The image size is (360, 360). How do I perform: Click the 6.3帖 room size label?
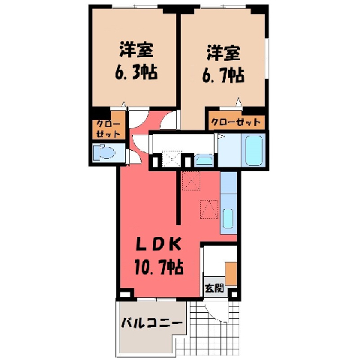coord(136,73)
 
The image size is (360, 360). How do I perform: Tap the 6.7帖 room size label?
coord(223,76)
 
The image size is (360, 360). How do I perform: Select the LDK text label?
coord(158,244)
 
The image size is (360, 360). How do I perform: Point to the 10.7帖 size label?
coord(159,267)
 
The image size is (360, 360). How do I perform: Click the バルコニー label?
coord(151,323)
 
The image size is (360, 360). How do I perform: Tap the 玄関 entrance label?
coord(214,289)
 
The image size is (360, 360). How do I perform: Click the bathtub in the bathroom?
coord(254,150)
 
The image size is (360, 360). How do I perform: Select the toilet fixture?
coord(104,151)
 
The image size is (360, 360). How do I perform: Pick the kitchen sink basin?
coord(228,218)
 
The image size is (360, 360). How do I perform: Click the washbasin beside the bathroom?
coord(204,160)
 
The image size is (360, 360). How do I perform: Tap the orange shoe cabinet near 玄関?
coord(231,274)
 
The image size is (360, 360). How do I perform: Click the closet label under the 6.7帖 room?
coord(236,122)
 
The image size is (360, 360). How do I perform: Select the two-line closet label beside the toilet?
coord(108,129)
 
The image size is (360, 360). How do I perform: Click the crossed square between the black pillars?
coord(172,159)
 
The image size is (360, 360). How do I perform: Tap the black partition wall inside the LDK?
coord(178,197)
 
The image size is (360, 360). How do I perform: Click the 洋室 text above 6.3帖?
coord(136,50)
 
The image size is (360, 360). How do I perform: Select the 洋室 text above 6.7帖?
coord(223,53)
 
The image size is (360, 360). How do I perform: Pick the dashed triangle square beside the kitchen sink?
coord(209,209)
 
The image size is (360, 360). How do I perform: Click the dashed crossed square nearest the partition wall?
coord(191,181)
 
